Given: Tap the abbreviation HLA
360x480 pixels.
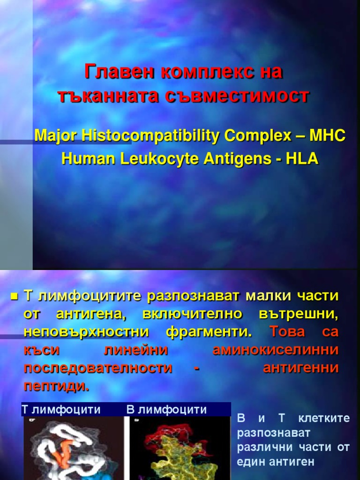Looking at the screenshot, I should tap(301, 159).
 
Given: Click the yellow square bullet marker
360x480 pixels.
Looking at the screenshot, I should tap(14, 297).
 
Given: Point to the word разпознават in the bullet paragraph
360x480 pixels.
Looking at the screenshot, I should tap(193, 296).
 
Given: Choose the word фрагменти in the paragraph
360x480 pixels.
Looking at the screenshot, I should tap(209, 332).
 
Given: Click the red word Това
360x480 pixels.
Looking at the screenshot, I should tap(287, 332).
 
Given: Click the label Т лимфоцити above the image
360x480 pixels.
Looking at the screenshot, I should tap(61, 410).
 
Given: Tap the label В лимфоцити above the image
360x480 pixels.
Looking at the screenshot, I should tap(166, 410).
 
